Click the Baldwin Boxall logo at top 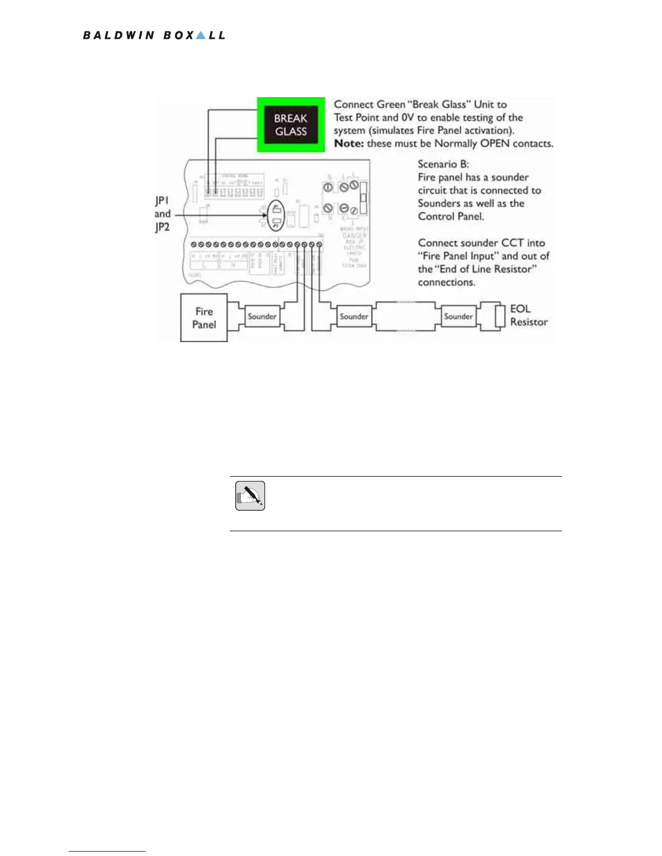154,36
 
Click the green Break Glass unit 291,125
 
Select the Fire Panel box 204,318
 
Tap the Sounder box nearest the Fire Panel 262,317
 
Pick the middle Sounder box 354,317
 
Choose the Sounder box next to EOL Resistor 458,317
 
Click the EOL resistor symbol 500,317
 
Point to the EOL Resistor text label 528,316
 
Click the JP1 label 162,200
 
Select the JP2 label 162,227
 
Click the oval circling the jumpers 276,216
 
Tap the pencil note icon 250,496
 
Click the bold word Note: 349,144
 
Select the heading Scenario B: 443,164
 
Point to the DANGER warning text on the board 355,236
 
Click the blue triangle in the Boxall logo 201,36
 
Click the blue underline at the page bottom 107,852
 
